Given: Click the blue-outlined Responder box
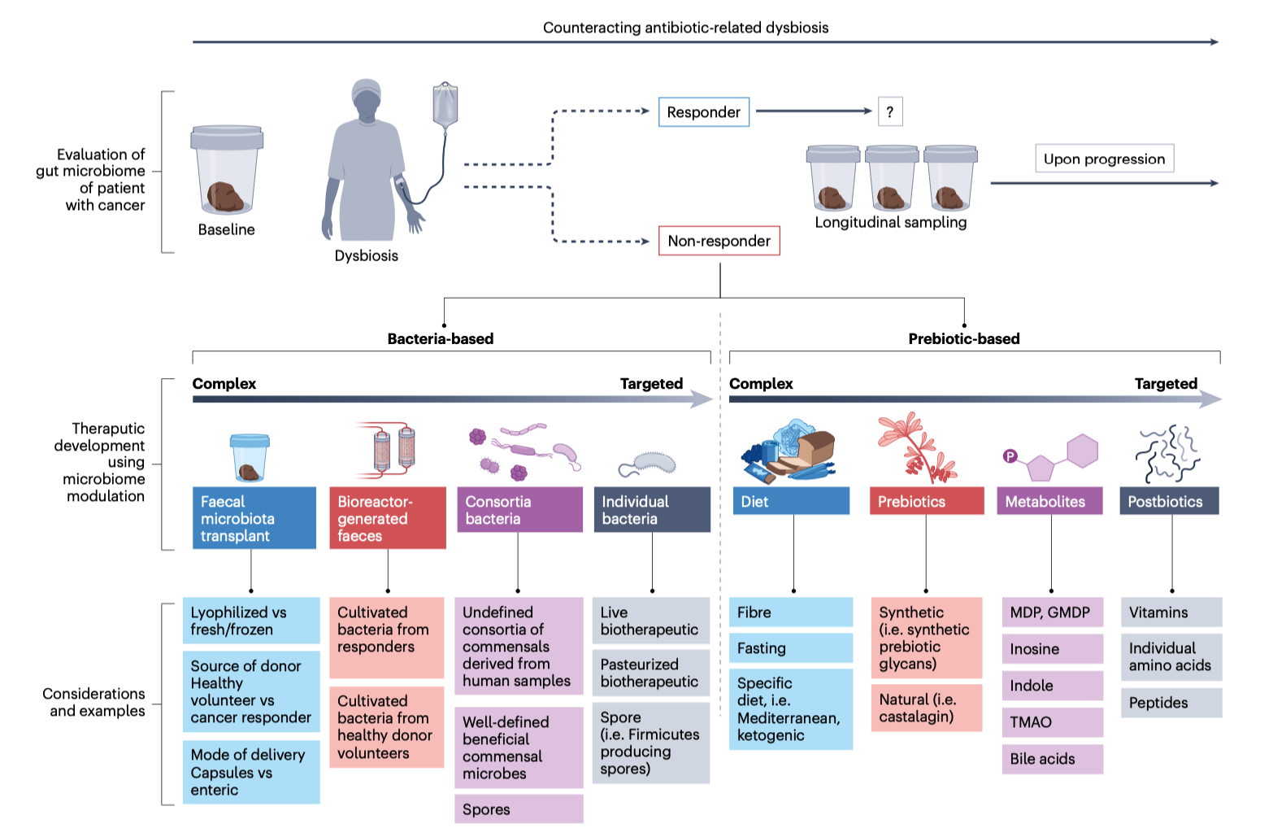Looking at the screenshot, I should [x=703, y=112].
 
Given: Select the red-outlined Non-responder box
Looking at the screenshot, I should [x=719, y=241].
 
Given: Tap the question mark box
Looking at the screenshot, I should [x=890, y=112].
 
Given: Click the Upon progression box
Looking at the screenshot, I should [x=1104, y=159].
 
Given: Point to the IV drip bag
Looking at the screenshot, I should [x=445, y=106].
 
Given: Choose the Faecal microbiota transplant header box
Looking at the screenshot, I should [x=254, y=518].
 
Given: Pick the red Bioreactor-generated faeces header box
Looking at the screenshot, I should [x=387, y=518].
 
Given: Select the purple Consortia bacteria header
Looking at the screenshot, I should [x=519, y=510].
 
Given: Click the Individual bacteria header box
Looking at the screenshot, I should [x=652, y=510].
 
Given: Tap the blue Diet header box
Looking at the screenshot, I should [x=791, y=501].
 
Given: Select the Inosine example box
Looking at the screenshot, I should [x=1052, y=649].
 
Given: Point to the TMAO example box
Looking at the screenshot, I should [x=1052, y=722].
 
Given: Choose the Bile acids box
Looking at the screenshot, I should [x=1052, y=759].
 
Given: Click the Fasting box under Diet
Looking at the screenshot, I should [x=790, y=648].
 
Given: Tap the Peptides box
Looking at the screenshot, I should [x=1171, y=703].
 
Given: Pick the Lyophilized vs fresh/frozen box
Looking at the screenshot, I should [x=250, y=621].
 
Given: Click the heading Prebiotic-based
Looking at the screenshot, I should [x=963, y=339].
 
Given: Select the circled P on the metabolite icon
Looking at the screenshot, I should [x=1010, y=456].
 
